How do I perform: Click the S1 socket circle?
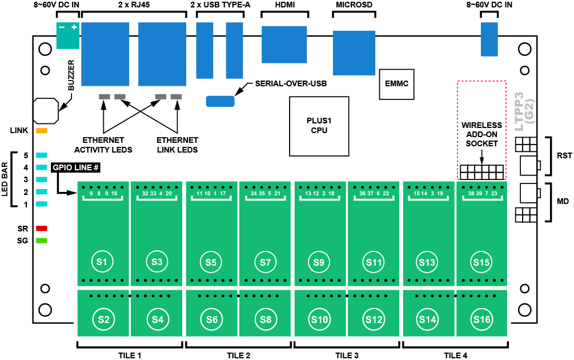click(102, 262)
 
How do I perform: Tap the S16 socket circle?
click(481, 319)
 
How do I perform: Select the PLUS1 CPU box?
click(319, 126)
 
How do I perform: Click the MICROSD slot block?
click(354, 53)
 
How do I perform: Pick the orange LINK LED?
click(42, 131)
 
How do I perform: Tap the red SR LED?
click(42, 228)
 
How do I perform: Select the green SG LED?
click(42, 240)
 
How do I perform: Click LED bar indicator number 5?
click(42, 155)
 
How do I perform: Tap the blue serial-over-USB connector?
click(220, 101)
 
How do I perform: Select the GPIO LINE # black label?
click(76, 168)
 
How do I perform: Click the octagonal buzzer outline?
click(46, 110)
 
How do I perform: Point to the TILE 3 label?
click(347, 355)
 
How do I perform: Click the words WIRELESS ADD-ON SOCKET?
click(481, 134)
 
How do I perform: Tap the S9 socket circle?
click(319, 262)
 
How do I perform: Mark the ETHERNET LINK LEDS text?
click(177, 145)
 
